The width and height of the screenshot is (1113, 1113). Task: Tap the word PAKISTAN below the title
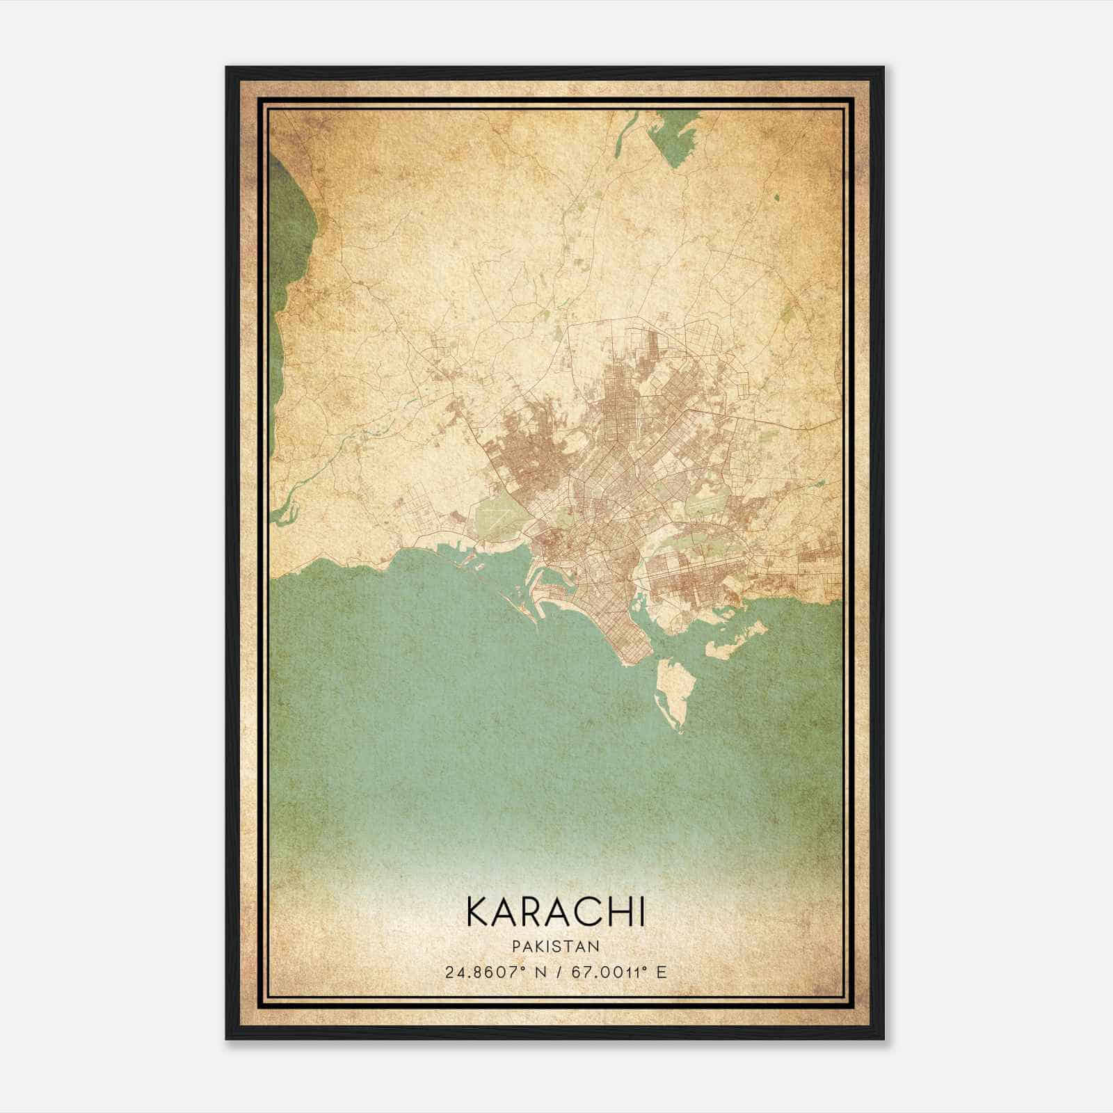556,946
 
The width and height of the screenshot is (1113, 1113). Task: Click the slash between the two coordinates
556,972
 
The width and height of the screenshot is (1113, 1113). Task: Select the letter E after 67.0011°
662,972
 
